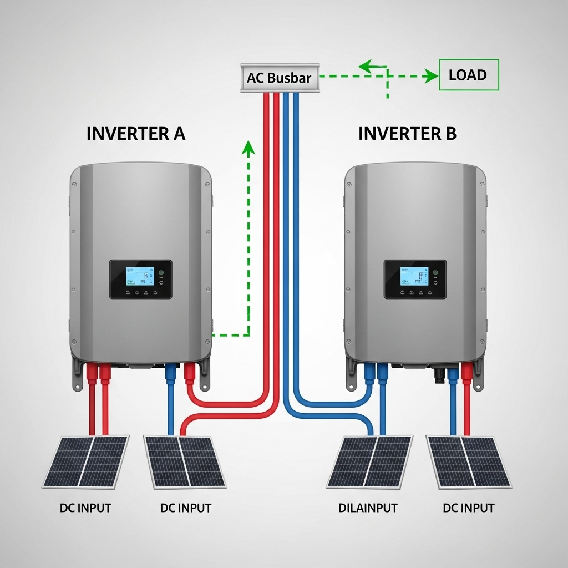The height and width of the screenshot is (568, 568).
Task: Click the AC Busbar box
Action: [280, 78]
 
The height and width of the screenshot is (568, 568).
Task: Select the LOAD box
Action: [469, 75]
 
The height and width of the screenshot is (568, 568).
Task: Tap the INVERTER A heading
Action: [136, 134]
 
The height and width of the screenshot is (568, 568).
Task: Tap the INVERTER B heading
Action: [408, 134]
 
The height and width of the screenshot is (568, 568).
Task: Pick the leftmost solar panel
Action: [86, 461]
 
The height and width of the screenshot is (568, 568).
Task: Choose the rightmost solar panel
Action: [468, 461]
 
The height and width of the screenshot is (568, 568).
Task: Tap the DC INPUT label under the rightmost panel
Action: [469, 508]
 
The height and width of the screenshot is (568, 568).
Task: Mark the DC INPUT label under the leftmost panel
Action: [85, 508]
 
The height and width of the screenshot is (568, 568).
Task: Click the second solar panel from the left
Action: [185, 461]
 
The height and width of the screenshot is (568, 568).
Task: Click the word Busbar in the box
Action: [290, 78]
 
